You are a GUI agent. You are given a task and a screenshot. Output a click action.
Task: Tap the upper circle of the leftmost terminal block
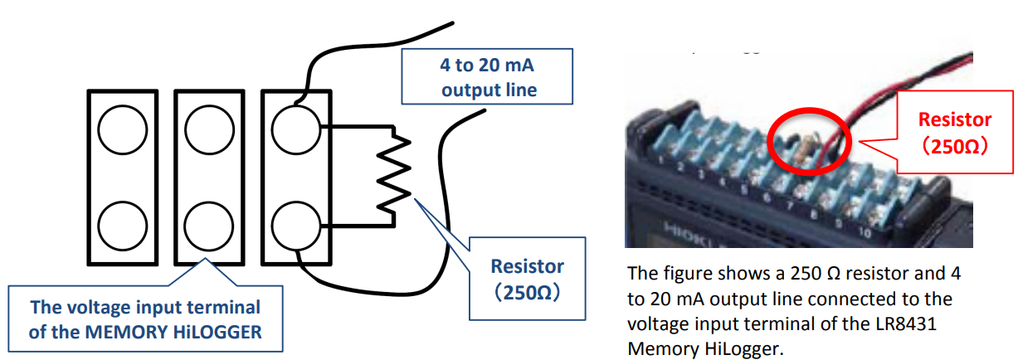tap(122, 129)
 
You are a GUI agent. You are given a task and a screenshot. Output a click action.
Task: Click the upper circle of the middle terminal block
tap(209, 129)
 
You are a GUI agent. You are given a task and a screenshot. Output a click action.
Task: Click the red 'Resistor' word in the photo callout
tap(955, 119)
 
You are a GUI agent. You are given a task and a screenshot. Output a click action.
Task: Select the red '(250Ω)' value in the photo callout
tap(955, 146)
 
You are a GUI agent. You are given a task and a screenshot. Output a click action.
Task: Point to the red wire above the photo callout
tap(896, 83)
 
